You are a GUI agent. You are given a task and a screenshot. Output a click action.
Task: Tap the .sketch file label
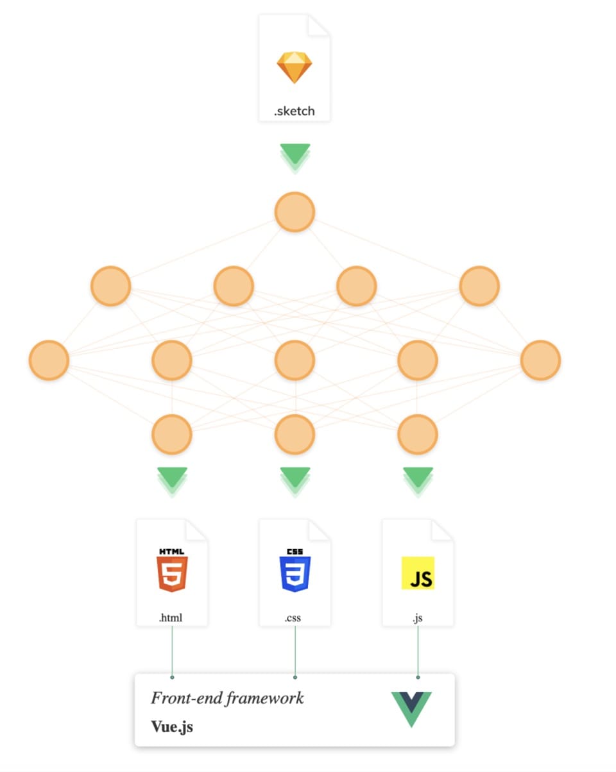pos(295,111)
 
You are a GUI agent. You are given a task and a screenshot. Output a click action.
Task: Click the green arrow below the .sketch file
pos(295,156)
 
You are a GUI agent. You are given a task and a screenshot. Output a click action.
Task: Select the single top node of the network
pos(295,212)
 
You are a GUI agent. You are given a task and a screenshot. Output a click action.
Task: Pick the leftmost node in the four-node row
pos(110,286)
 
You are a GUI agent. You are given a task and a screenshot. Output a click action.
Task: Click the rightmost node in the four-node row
pos(479,286)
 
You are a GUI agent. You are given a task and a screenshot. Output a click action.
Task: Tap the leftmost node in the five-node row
pos(49,360)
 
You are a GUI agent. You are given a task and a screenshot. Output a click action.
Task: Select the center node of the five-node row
pos(295,360)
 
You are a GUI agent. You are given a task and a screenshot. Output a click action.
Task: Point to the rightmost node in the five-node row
pos(540,360)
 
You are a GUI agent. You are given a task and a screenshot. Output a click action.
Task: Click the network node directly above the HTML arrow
pos(172,434)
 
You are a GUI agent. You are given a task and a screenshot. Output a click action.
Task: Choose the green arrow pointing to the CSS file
pos(295,479)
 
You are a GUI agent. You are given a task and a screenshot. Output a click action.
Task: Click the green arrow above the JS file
pos(418,479)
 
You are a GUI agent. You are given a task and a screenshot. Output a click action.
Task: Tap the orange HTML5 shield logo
pos(172,573)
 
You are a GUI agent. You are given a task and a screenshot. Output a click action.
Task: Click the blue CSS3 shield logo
pos(295,573)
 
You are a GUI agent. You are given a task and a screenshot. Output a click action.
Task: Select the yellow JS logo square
pos(418,573)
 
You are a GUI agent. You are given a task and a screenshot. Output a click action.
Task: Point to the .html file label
pos(171,618)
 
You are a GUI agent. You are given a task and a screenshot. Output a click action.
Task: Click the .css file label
pos(293,618)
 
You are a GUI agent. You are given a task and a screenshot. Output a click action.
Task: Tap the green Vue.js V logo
pos(411,709)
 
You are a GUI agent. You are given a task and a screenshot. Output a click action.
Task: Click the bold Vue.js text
pos(172,726)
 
